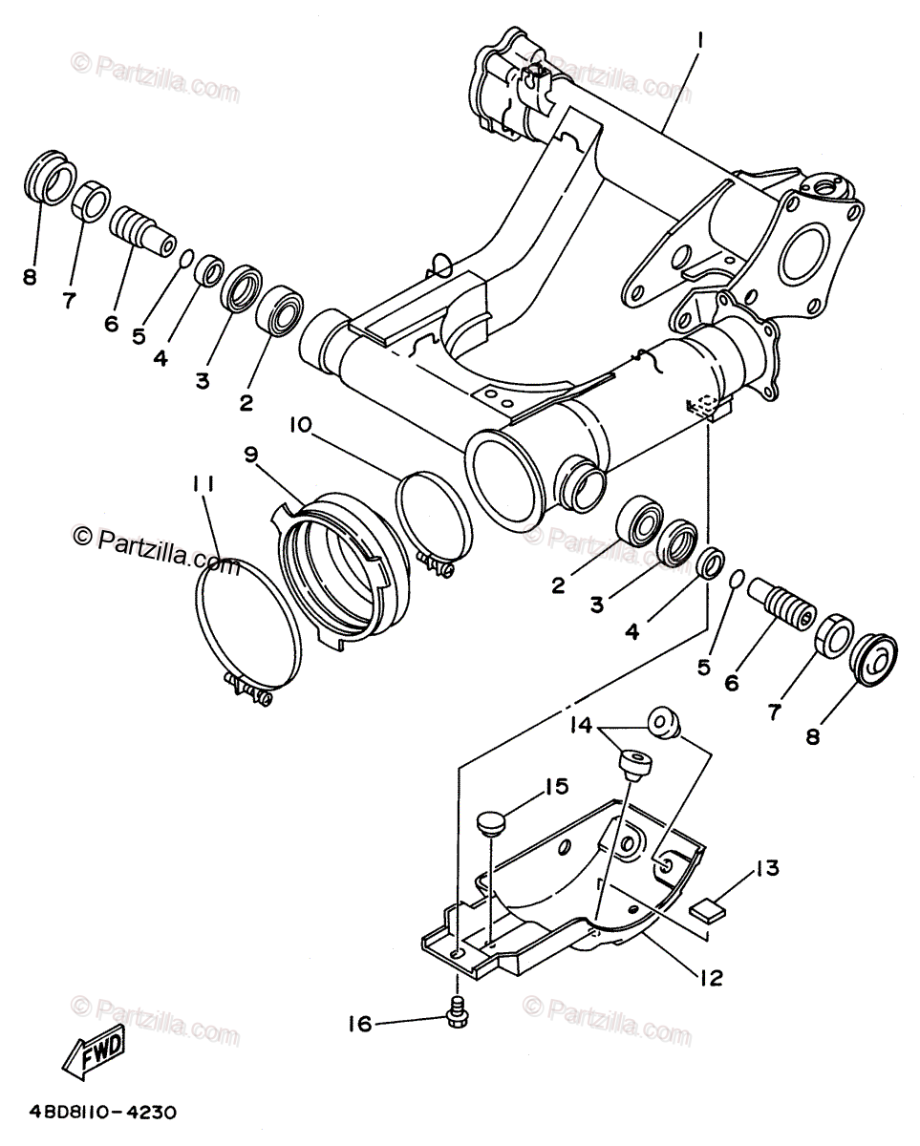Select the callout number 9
[251, 455]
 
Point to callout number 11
[203, 485]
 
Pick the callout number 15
[556, 787]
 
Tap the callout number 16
[359, 1025]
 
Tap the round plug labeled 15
[490, 821]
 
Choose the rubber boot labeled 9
[339, 563]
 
